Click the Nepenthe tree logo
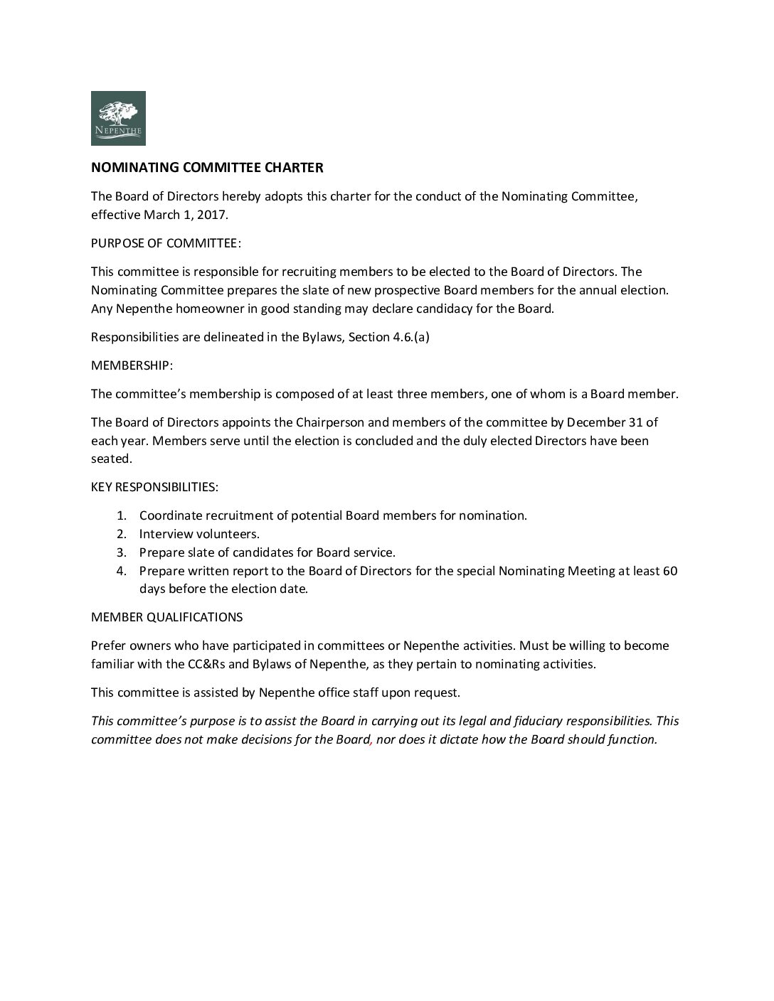tap(118, 118)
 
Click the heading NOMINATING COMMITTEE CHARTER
tap(207, 168)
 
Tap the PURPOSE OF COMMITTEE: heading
tap(166, 243)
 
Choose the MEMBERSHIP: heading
tap(132, 365)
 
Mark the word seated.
tap(111, 459)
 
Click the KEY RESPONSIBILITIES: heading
tap(154, 488)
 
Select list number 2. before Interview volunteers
tap(122, 534)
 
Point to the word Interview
tap(164, 534)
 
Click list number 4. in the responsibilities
tap(122, 571)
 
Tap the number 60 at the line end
tap(669, 571)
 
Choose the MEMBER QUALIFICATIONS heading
tap(166, 617)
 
